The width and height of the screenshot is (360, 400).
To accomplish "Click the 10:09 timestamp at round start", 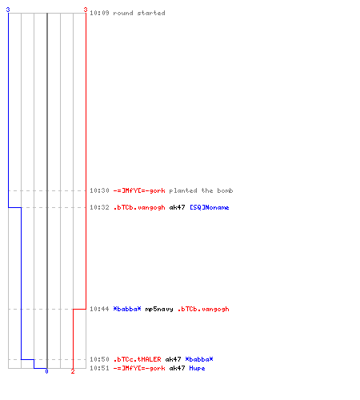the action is click(99, 13).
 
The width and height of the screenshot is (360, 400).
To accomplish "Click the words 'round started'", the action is click(139, 13).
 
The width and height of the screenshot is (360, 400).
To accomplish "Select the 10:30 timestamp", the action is click(99, 190).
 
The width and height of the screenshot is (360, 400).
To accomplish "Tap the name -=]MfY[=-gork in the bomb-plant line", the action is click(139, 190).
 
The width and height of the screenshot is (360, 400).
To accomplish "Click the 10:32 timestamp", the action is click(99, 207).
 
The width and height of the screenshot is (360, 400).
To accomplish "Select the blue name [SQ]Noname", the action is click(210, 207).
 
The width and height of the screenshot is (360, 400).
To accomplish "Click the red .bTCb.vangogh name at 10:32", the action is click(139, 207).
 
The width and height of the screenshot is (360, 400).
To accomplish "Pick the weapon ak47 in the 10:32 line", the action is click(177, 207).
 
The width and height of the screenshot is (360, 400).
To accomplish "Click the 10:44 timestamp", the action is click(99, 309).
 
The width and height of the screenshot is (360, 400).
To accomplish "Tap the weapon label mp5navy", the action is click(159, 309).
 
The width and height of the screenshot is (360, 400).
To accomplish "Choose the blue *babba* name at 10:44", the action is click(127, 309).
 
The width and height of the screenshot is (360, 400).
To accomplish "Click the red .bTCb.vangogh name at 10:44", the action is click(203, 309).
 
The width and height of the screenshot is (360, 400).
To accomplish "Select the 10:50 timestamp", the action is click(99, 359).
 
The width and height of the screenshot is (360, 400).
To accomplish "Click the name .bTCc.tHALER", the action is click(137, 359).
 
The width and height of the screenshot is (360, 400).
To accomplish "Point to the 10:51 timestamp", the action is click(99, 368).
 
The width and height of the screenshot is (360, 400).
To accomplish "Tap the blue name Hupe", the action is click(197, 368).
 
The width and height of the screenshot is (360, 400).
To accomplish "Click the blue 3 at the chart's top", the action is click(8, 10).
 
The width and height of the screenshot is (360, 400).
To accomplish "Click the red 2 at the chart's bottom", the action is click(73, 371).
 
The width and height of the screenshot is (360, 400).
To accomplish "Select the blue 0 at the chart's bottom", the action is click(46, 371).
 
